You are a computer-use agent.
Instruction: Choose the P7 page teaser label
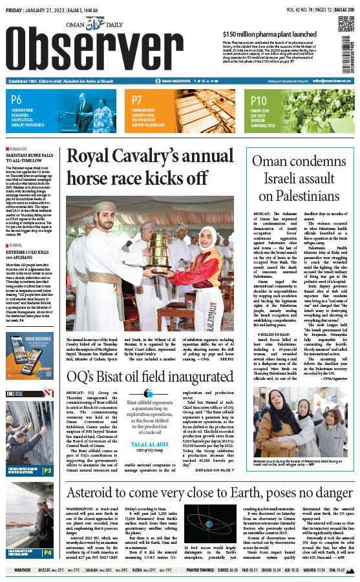(137, 100)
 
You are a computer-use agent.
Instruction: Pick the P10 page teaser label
(259, 100)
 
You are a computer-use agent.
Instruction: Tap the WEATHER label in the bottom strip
(22, 570)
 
